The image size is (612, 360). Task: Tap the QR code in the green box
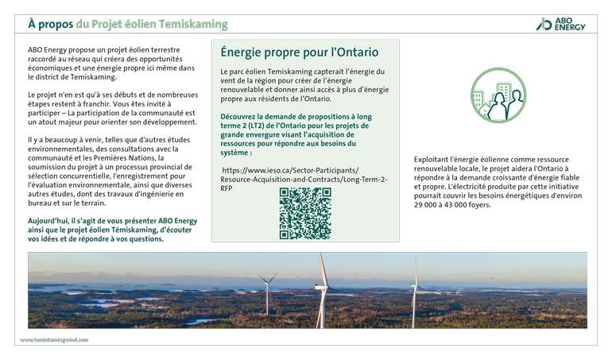305,214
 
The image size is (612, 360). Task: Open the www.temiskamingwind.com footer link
54,339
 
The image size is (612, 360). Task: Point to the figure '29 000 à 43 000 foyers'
452,205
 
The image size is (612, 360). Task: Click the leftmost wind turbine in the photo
267,292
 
